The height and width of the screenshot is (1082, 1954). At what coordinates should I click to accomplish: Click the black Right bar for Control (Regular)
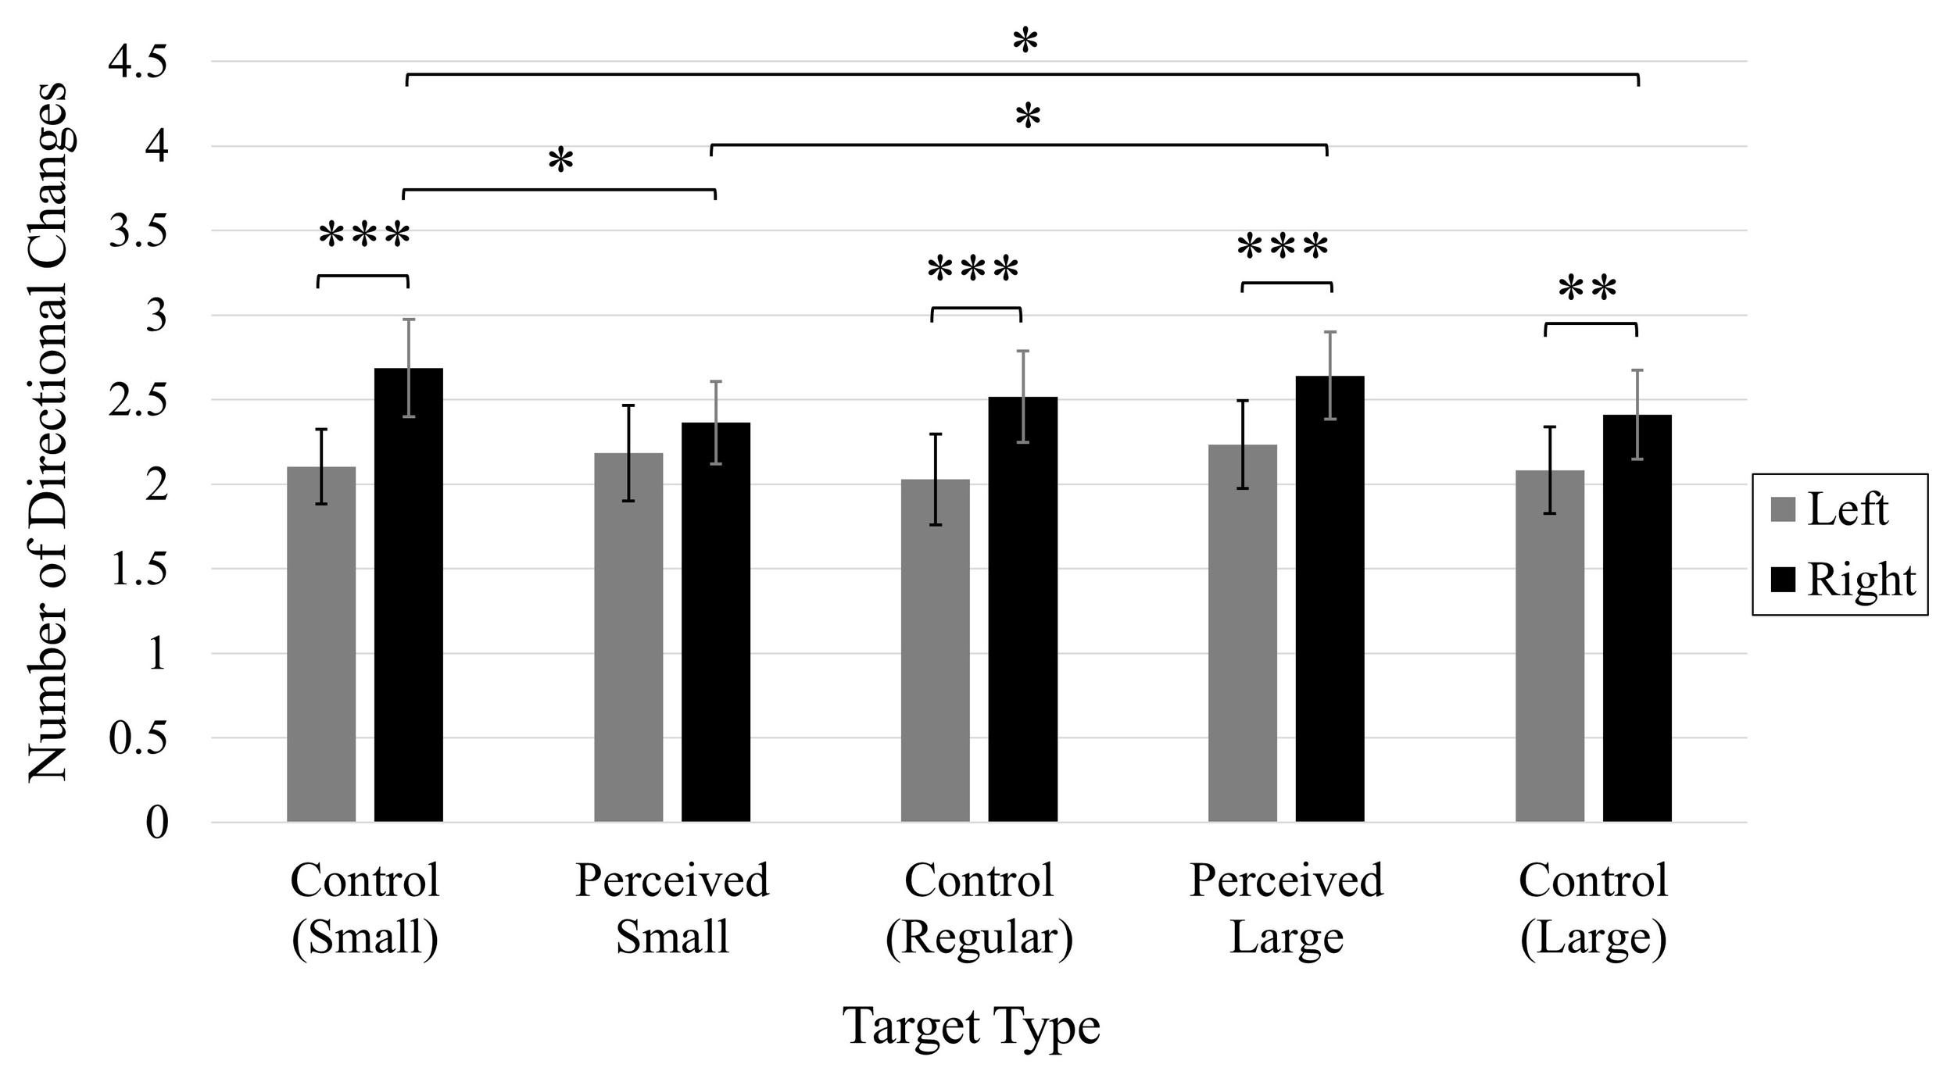tap(1022, 609)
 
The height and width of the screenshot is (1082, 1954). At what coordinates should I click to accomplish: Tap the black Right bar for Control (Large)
tap(1637, 618)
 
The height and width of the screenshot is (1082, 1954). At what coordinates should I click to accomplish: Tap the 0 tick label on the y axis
tap(157, 823)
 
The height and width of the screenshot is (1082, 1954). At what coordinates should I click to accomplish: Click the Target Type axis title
tap(972, 1026)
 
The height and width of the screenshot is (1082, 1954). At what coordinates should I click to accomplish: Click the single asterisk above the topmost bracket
tap(1025, 43)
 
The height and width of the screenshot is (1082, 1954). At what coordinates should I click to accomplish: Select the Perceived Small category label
tap(672, 908)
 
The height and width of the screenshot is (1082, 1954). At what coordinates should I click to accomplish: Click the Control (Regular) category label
tap(979, 908)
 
